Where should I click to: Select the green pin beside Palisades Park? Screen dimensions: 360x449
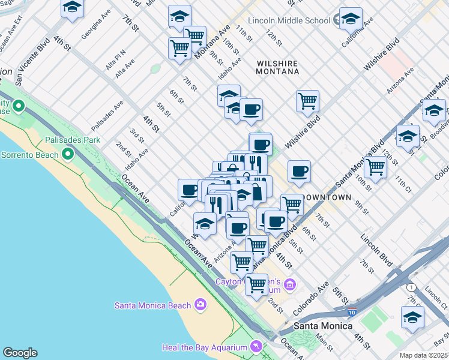click(x=68, y=155)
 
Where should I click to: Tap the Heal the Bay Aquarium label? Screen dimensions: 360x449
click(x=205, y=348)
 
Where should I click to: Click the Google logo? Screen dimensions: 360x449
click(x=19, y=352)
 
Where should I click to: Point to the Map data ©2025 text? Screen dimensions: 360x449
click(x=423, y=355)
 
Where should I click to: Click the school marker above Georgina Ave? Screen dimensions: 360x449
click(x=73, y=8)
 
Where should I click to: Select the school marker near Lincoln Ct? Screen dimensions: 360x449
click(x=412, y=317)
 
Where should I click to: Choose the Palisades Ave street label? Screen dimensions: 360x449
click(x=107, y=116)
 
